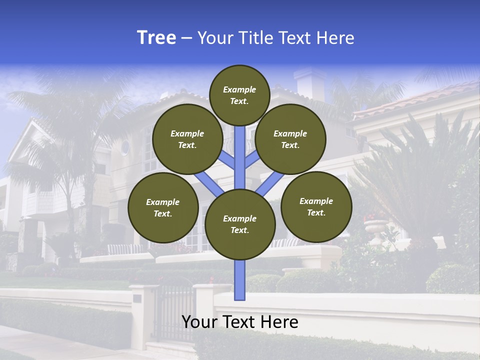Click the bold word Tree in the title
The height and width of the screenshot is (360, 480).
tap(156, 38)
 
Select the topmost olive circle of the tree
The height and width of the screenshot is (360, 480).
tap(239, 95)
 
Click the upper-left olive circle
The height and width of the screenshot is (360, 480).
tap(187, 139)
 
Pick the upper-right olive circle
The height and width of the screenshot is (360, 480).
tap(290, 139)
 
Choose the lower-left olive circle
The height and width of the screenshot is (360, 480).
tap(163, 207)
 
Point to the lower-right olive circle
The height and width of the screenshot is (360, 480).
tap(316, 206)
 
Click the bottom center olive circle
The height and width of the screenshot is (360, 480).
tap(240, 224)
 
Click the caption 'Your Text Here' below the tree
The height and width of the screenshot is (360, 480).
tap(240, 322)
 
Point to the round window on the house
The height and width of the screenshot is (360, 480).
tap(124, 147)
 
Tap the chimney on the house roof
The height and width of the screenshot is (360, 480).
tap(310, 82)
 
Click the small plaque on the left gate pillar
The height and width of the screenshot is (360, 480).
tap(137, 298)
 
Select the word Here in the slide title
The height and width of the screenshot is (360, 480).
tap(334, 38)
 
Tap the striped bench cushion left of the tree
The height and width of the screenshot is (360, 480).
tap(125, 249)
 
